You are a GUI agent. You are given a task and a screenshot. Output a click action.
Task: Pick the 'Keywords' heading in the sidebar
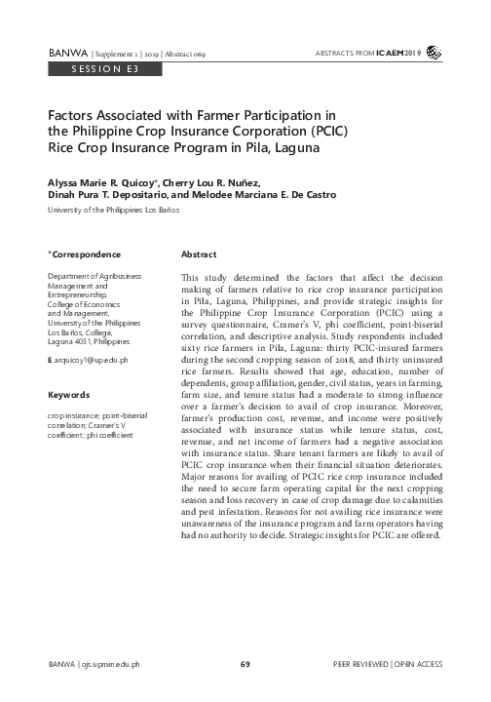click(69, 396)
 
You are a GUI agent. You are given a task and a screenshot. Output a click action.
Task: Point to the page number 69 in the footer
click(245, 663)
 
